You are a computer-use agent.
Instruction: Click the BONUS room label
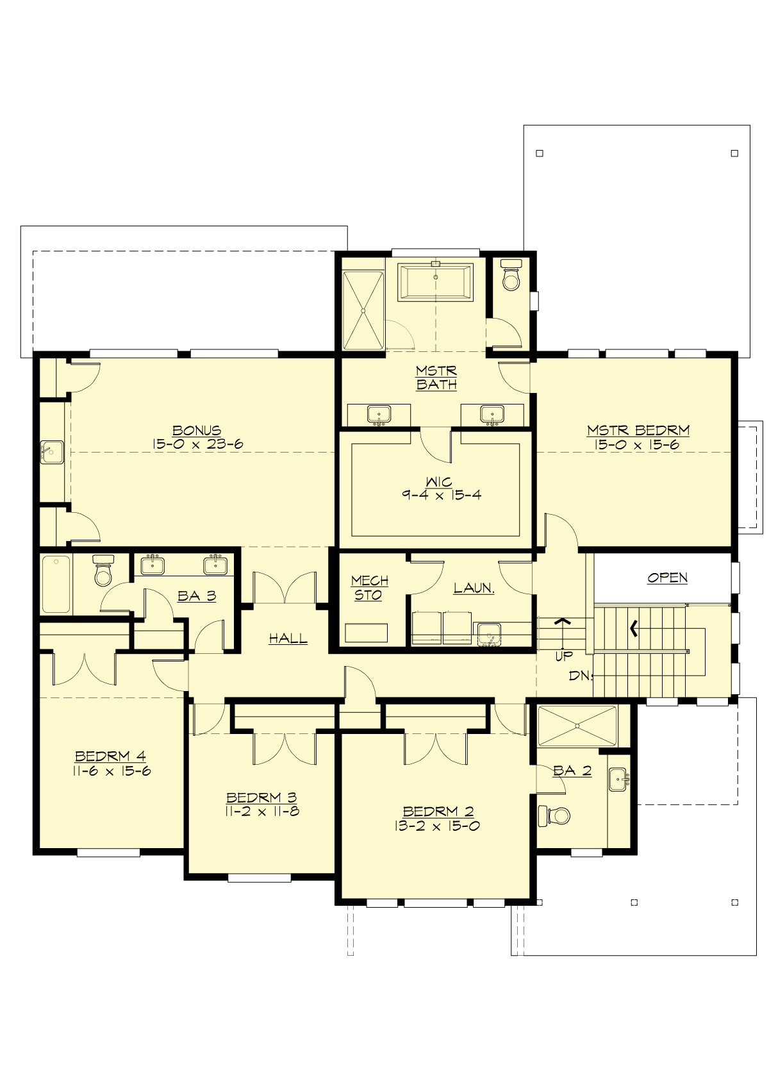(197, 431)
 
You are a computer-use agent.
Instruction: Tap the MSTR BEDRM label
(638, 431)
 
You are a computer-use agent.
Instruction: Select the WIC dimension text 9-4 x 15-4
(442, 496)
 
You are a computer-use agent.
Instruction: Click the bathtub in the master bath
(436, 281)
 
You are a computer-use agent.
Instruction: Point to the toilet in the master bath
(511, 275)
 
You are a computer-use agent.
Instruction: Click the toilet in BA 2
(555, 816)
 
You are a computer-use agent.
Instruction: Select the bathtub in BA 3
(56, 584)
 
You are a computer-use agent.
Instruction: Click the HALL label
(288, 638)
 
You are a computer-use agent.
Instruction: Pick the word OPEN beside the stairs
(667, 578)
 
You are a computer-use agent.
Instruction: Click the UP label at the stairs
(564, 656)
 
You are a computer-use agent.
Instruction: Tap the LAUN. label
(474, 588)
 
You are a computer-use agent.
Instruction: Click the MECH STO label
(369, 588)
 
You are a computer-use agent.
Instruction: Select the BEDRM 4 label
(110, 756)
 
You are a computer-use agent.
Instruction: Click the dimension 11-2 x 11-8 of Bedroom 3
(261, 812)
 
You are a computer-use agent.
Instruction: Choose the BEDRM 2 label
(438, 812)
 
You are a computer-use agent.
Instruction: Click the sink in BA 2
(618, 780)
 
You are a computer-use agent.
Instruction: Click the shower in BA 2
(577, 726)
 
